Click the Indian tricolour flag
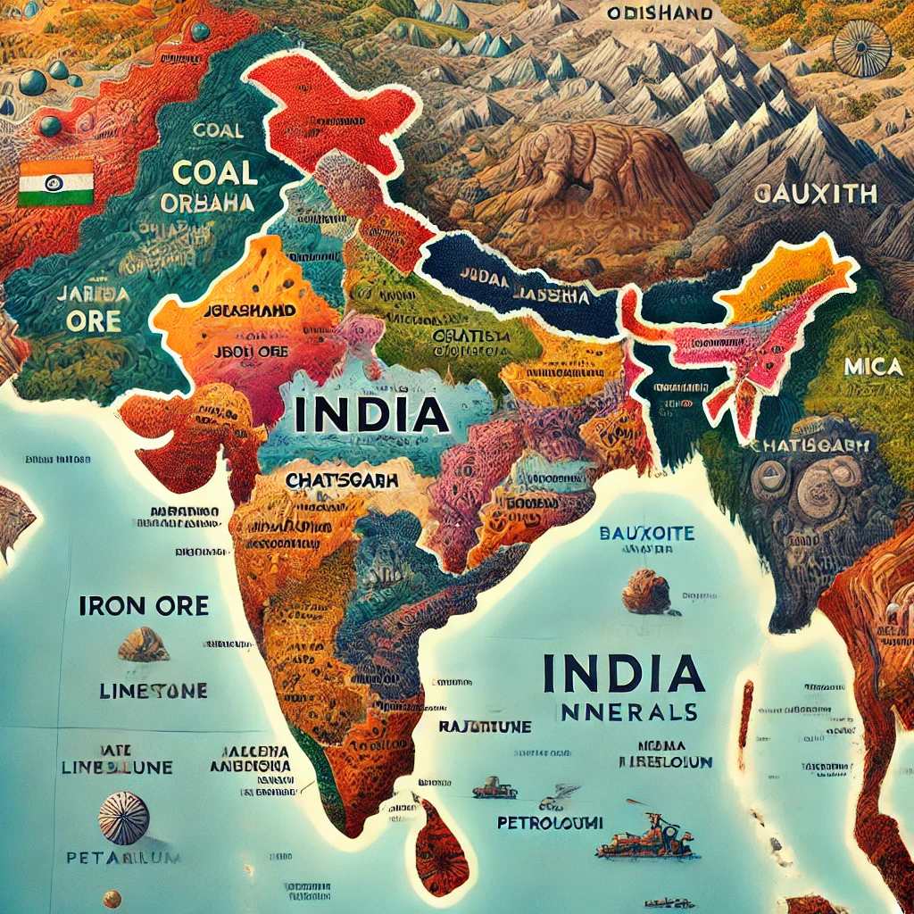pyautogui.click(x=56, y=183)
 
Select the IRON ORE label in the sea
pyautogui.click(x=144, y=606)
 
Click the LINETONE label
pyautogui.click(x=153, y=691)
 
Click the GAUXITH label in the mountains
pyautogui.click(x=815, y=193)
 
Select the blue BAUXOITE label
pyautogui.click(x=646, y=535)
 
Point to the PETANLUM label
pyautogui.click(x=124, y=858)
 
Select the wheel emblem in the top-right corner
pyautogui.click(x=861, y=47)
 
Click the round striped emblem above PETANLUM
pyautogui.click(x=123, y=817)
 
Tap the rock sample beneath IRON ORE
pyautogui.click(x=143, y=644)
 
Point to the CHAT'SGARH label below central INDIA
pyautogui.click(x=342, y=479)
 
